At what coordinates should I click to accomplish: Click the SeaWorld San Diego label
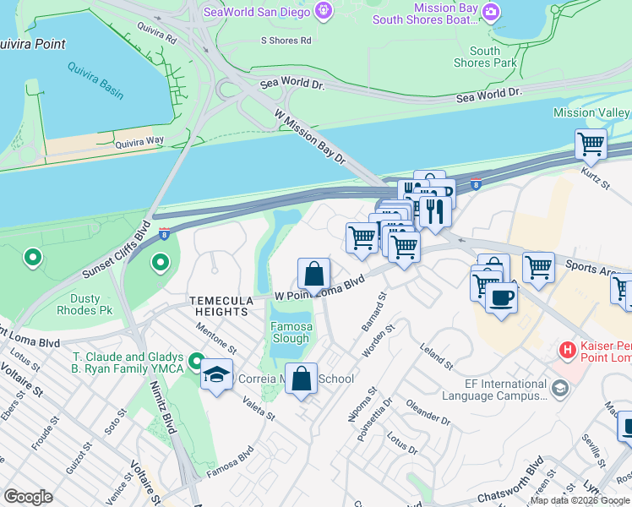pos(253,10)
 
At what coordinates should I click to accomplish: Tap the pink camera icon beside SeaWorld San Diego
pos(322,10)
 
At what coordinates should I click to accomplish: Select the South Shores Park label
pos(485,57)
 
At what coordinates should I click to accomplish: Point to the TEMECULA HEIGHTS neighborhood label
pos(219,306)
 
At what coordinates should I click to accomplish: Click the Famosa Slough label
pos(290,332)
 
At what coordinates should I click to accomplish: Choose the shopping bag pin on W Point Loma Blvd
pos(313,275)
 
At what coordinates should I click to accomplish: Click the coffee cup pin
pos(501,298)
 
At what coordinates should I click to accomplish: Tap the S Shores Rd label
pos(286,40)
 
